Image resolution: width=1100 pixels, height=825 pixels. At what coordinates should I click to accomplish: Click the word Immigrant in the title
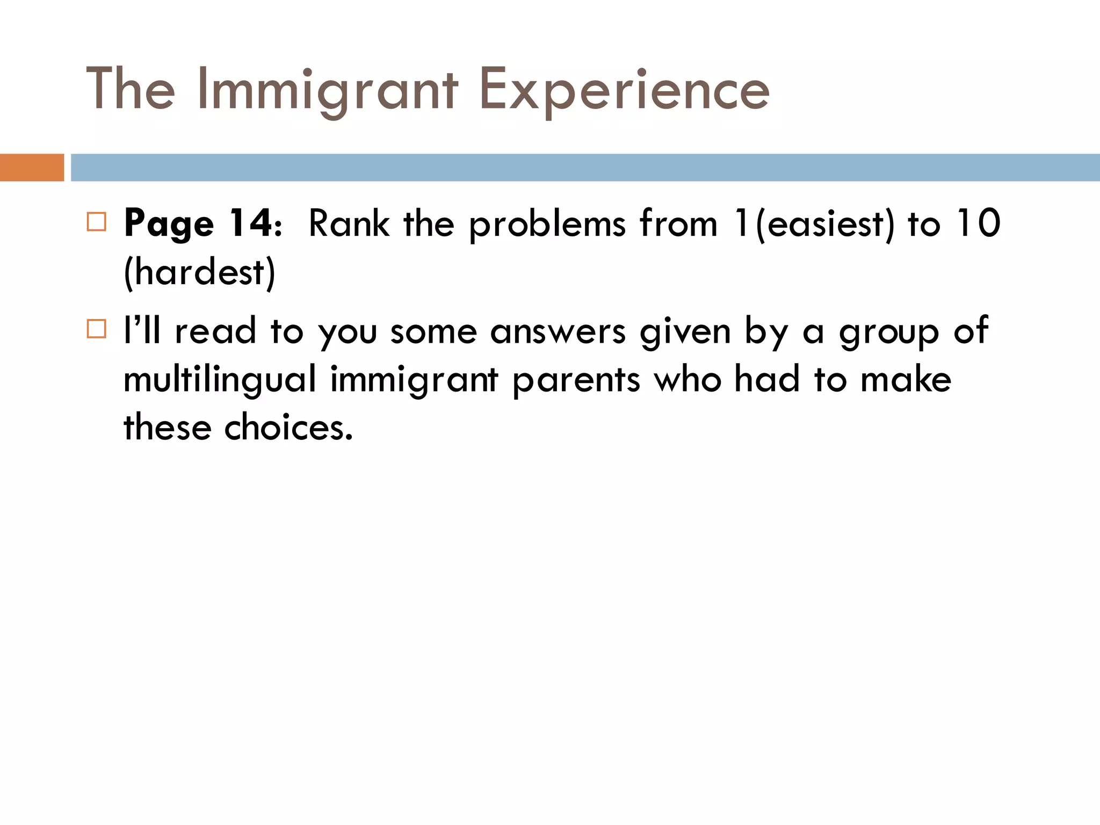pos(328,90)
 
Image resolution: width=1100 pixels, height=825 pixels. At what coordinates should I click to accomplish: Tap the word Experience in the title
pos(624,90)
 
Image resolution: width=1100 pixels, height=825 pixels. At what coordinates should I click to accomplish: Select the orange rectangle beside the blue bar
pos(32,168)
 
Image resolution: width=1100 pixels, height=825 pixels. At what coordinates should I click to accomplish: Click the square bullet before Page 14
pos(97,221)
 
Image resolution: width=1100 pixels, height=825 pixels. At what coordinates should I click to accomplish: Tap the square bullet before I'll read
pos(97,328)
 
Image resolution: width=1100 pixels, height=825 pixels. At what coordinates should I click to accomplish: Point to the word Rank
pos(349,223)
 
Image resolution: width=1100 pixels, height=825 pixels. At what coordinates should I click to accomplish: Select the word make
pos(906,379)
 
